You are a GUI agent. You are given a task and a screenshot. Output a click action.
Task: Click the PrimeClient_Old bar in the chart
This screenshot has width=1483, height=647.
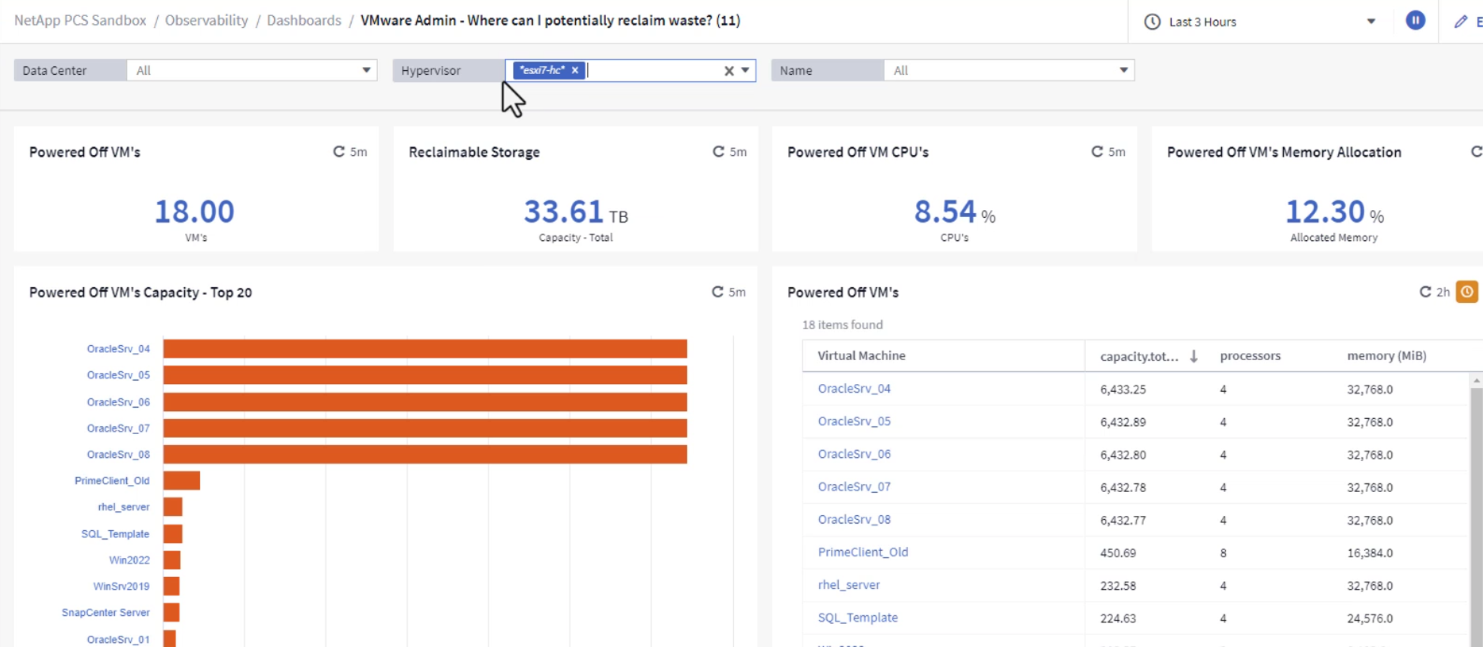181,481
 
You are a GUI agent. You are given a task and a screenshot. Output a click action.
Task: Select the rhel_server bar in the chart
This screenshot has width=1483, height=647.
173,507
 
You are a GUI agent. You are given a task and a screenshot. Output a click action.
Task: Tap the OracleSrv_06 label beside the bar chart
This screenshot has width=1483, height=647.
118,402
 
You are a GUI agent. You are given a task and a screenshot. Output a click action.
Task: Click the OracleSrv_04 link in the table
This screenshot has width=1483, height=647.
854,389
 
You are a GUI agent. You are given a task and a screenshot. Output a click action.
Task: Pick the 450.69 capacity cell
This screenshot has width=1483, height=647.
1117,553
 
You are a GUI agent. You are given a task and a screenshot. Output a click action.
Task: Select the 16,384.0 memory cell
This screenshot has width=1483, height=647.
1369,553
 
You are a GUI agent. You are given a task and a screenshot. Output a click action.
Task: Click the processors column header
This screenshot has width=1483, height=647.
1249,356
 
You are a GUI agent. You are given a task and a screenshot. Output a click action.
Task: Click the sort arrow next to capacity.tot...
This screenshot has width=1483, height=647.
1194,356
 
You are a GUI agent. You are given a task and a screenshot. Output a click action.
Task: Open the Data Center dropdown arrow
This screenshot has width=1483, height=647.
367,70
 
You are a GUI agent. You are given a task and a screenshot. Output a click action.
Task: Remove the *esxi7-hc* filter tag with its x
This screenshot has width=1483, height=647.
575,70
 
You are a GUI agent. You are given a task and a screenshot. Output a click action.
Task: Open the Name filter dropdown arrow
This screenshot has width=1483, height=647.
1124,70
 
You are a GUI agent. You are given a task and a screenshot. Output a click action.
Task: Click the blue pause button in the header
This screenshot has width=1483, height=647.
1416,21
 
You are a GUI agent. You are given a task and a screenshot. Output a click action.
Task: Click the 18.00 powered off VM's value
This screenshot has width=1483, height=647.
194,212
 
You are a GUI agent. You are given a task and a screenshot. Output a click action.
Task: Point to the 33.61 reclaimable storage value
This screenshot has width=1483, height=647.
564,212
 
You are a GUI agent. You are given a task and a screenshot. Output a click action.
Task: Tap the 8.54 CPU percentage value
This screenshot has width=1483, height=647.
944,212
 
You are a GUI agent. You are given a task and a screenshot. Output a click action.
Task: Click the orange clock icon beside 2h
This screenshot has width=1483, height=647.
1467,292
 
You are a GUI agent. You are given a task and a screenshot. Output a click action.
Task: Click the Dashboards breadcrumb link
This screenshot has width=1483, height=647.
304,21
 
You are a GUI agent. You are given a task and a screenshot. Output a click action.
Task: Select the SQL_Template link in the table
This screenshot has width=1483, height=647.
857,618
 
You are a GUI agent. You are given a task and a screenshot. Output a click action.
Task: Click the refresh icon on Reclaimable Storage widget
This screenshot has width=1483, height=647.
718,151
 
